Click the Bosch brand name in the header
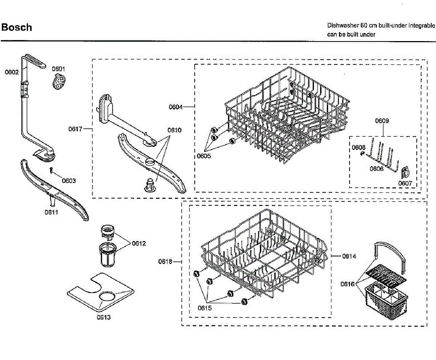[17, 28]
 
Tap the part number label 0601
[58, 69]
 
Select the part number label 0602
[12, 72]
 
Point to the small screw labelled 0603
[52, 170]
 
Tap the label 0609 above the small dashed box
[382, 121]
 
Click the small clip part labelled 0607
[405, 172]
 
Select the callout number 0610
[174, 130]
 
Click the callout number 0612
[139, 243]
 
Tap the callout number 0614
[349, 256]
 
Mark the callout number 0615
[205, 308]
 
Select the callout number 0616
[348, 284]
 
